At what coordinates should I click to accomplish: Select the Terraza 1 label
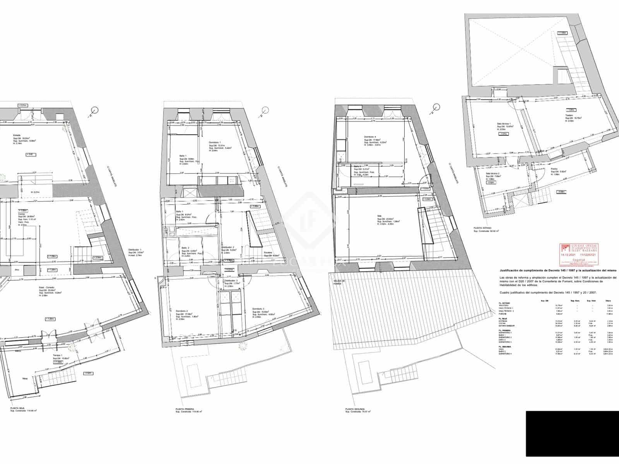pyautogui.click(x=58, y=355)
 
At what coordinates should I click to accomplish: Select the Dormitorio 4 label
pyautogui.click(x=370, y=137)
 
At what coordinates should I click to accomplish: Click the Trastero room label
pyautogui.click(x=569, y=116)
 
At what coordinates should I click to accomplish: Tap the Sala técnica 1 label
pyautogui.click(x=504, y=124)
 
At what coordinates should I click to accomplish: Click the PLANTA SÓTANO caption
pyautogui.click(x=483, y=229)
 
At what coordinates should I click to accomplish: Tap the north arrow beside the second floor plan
pyautogui.click(x=436, y=107)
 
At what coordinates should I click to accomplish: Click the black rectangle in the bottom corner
pyautogui.click(x=572, y=433)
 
